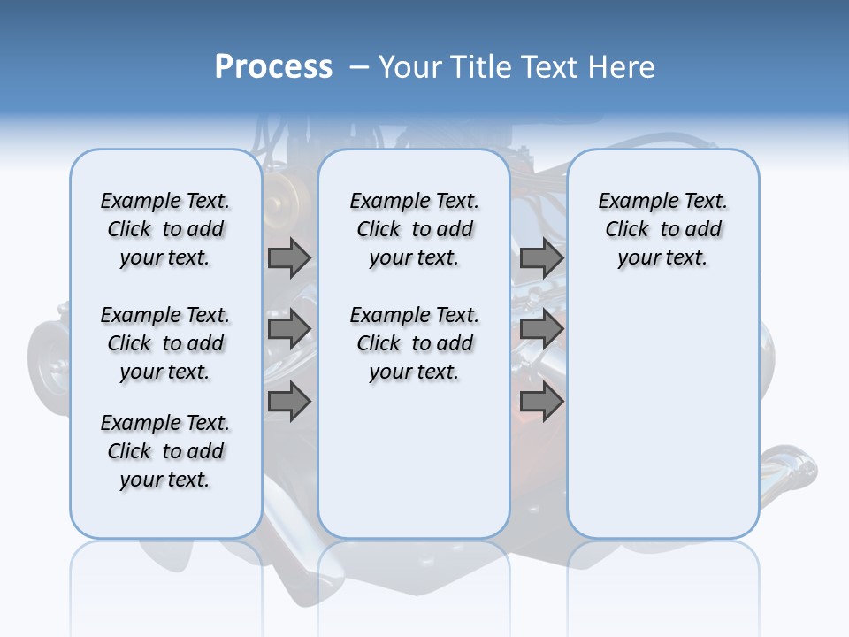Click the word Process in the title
point(273,67)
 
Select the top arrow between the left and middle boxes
point(289,257)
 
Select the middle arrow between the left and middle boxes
point(289,330)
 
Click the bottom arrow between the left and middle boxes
point(289,402)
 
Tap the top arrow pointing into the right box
point(541,257)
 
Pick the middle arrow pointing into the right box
point(541,330)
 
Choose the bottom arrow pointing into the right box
point(541,402)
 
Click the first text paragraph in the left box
point(164,229)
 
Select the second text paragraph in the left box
point(164,343)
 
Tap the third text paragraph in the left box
point(164,451)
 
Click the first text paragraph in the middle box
point(414,229)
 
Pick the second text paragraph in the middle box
point(414,343)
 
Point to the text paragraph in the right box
point(662,229)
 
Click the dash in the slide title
point(359,67)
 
